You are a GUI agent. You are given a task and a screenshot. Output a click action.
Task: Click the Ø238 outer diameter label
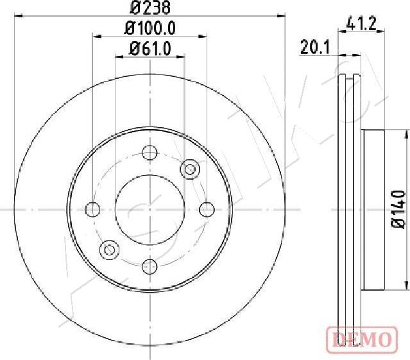149,8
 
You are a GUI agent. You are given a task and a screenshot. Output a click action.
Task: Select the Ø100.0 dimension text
149,28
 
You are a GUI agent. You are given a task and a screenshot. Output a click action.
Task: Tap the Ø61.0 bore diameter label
149,48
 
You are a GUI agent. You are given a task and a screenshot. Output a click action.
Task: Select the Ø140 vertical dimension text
398,209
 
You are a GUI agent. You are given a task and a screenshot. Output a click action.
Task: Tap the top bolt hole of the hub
149,153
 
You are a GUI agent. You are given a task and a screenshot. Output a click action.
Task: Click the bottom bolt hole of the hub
149,266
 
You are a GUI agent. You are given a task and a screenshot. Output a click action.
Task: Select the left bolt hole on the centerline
93,209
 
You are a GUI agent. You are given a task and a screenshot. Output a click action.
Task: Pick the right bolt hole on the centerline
206,209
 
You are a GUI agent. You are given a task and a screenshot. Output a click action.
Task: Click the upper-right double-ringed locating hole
189,169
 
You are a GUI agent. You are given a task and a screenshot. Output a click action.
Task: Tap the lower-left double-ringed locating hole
110,249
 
